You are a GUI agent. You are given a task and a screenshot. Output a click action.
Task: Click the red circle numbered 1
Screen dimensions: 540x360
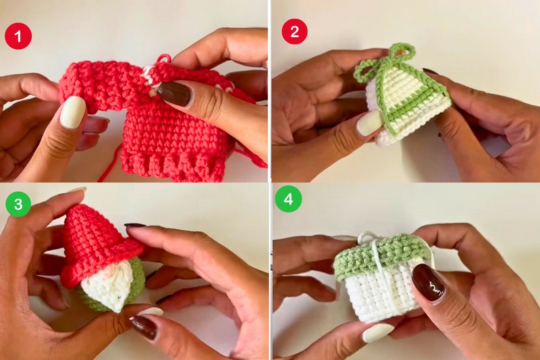point(18,36)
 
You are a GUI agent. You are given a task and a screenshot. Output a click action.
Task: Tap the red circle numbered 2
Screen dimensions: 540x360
point(294,31)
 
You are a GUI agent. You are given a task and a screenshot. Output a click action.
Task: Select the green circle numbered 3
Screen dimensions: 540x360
point(18,203)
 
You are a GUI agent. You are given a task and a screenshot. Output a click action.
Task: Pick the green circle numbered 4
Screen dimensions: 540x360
point(288,199)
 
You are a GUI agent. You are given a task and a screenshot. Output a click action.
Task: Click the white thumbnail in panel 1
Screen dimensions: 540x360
point(73,112)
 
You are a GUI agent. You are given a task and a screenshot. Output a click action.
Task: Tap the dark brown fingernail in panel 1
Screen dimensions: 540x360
point(175,94)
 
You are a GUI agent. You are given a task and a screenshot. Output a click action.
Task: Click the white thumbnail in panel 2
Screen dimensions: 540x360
point(369,124)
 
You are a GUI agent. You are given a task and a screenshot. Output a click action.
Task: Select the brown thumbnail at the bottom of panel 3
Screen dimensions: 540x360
point(144,327)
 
